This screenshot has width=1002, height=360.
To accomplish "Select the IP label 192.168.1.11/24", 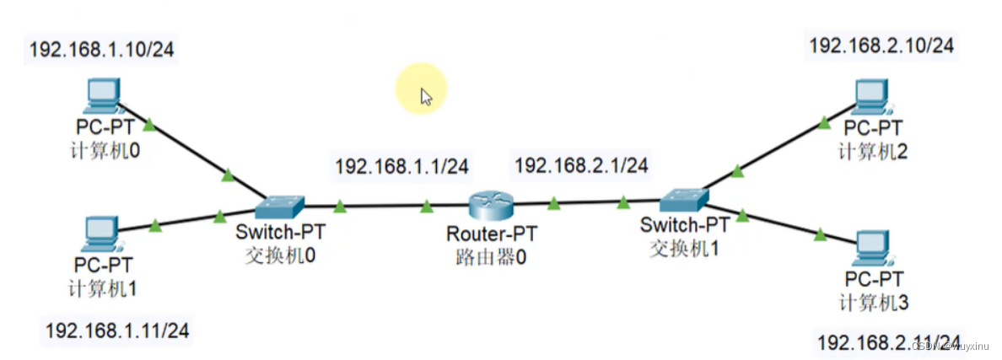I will [x=117, y=330].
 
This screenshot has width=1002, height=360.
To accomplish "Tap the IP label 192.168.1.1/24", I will [x=401, y=167].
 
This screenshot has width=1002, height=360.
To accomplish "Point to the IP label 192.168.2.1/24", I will [x=581, y=166].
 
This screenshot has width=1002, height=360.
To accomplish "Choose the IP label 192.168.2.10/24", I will [x=881, y=46].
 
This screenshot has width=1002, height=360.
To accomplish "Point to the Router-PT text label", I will [x=492, y=234].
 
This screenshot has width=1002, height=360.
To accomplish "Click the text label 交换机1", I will [x=684, y=248].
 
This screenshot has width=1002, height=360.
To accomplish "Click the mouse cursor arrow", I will [x=426, y=96].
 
